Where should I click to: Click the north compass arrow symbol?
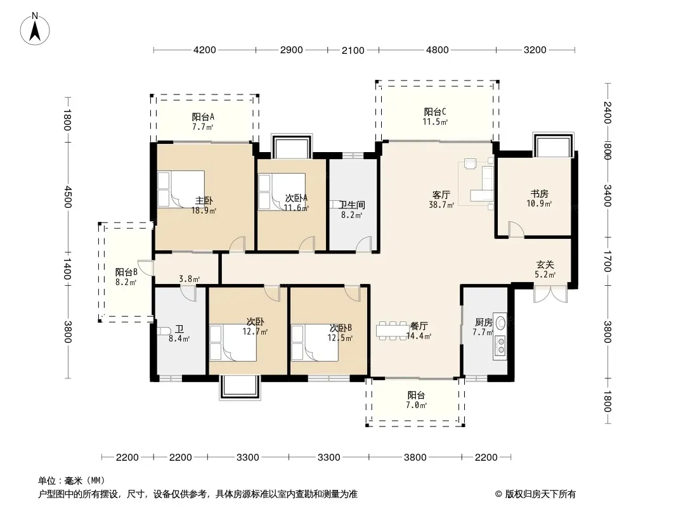(x=35, y=29)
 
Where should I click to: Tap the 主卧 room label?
(x=204, y=201)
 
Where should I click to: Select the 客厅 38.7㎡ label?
(x=441, y=200)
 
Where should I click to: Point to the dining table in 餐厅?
(x=391, y=330)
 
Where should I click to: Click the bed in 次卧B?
(x=315, y=343)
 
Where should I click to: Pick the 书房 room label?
(x=539, y=194)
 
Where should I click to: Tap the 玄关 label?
(x=545, y=264)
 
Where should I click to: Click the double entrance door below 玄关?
(x=550, y=294)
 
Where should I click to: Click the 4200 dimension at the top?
(x=204, y=50)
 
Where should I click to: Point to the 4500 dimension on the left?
(x=67, y=197)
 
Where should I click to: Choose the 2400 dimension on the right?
(x=607, y=112)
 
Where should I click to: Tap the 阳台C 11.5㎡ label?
(x=435, y=117)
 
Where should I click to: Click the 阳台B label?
(x=126, y=273)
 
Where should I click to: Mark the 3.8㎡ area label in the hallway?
(x=189, y=279)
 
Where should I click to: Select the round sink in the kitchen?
(x=500, y=322)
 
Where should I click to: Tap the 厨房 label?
(x=483, y=322)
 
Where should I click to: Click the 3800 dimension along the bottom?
(x=415, y=457)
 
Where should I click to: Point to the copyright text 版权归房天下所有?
(x=540, y=494)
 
